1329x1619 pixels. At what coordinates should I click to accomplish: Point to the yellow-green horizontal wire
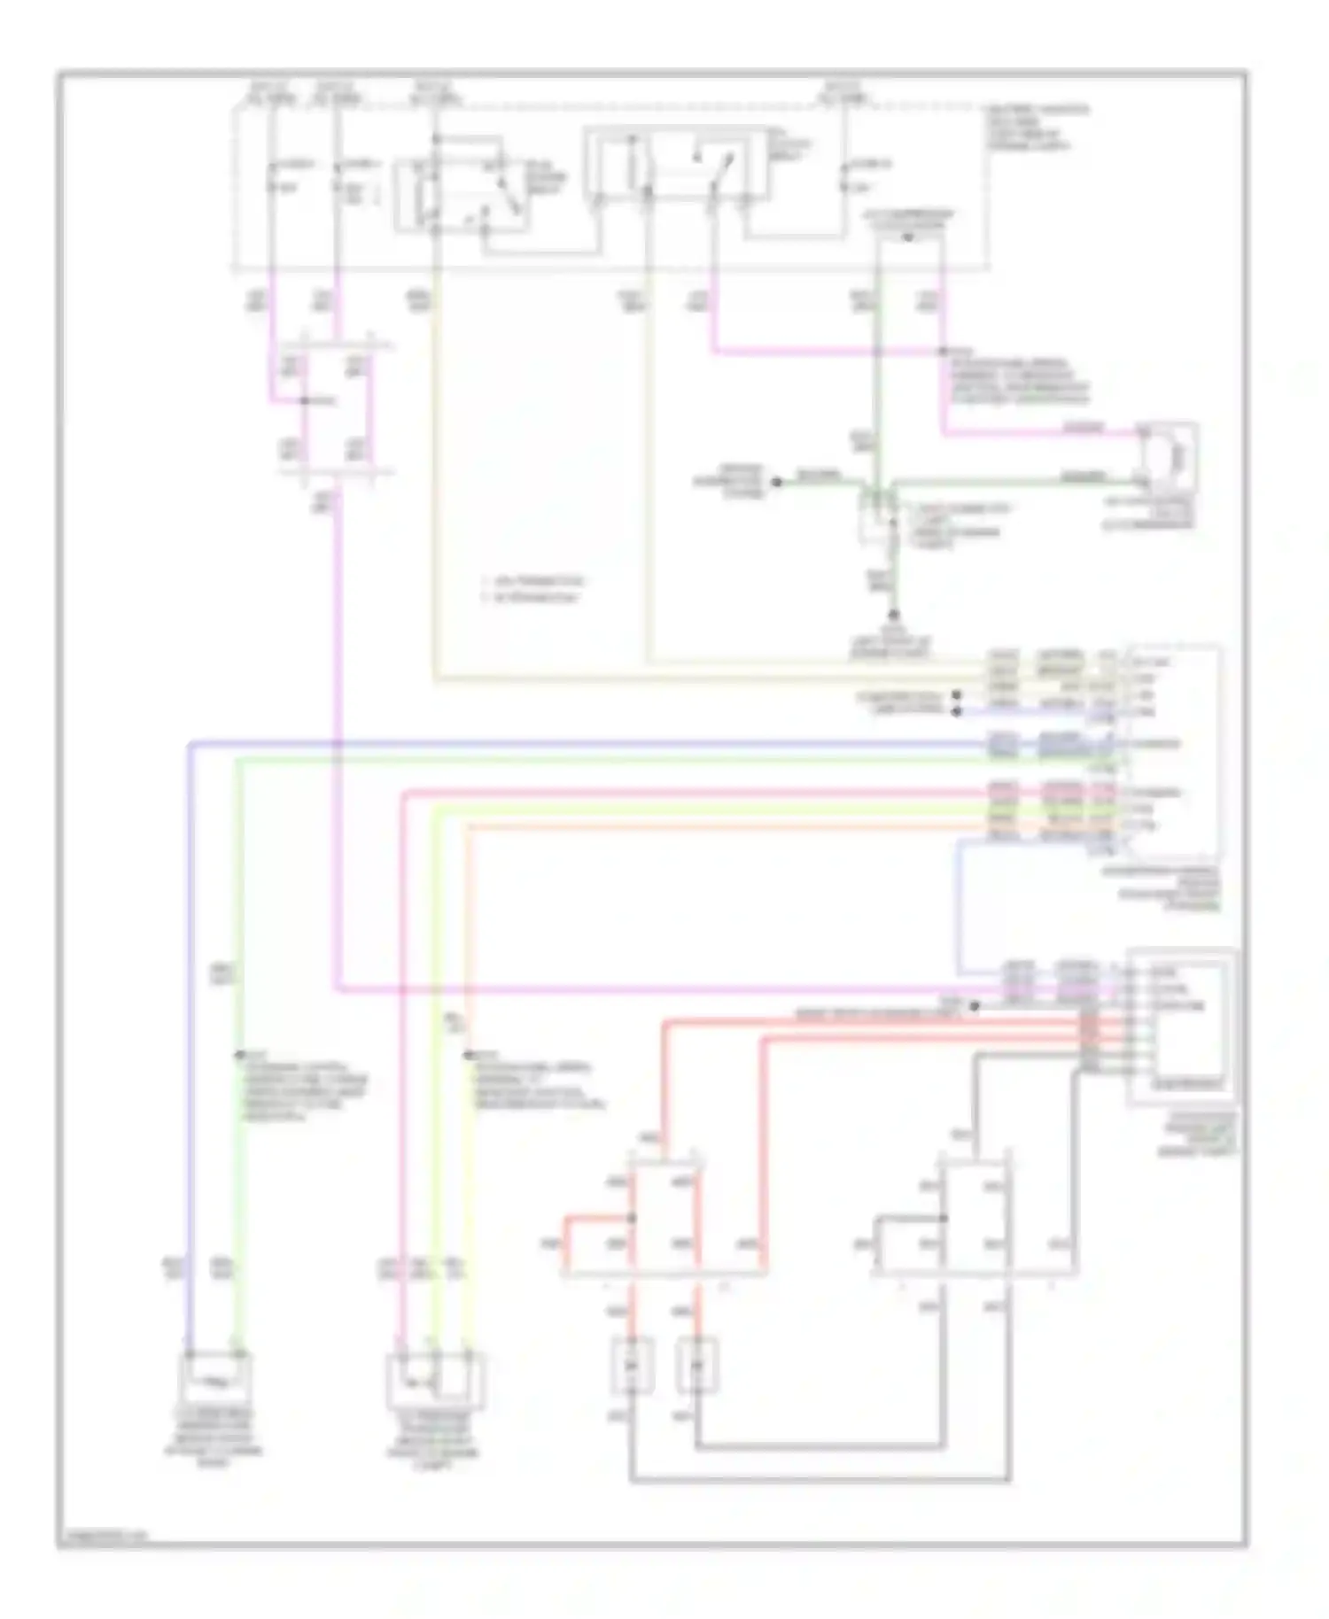point(709,810)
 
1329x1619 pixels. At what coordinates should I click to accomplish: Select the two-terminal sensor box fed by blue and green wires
point(215,1379)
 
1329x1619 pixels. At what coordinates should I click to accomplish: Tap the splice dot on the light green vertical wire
point(237,1054)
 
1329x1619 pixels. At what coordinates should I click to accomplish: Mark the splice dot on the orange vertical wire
point(468,1054)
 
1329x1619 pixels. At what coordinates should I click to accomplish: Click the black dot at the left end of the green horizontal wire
point(776,482)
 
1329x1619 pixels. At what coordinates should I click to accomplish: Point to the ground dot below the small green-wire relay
point(894,614)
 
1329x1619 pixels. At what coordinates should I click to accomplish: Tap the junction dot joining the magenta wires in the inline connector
point(304,401)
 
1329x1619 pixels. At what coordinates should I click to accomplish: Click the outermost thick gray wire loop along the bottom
point(820,1480)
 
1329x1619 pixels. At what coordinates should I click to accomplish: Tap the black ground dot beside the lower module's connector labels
point(974,1006)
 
